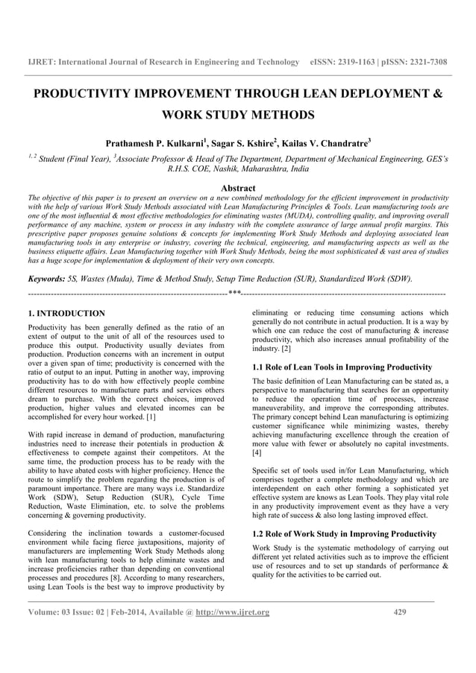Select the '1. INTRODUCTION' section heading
[66, 313]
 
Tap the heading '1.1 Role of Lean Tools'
[342, 367]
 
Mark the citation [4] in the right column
[257, 452]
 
